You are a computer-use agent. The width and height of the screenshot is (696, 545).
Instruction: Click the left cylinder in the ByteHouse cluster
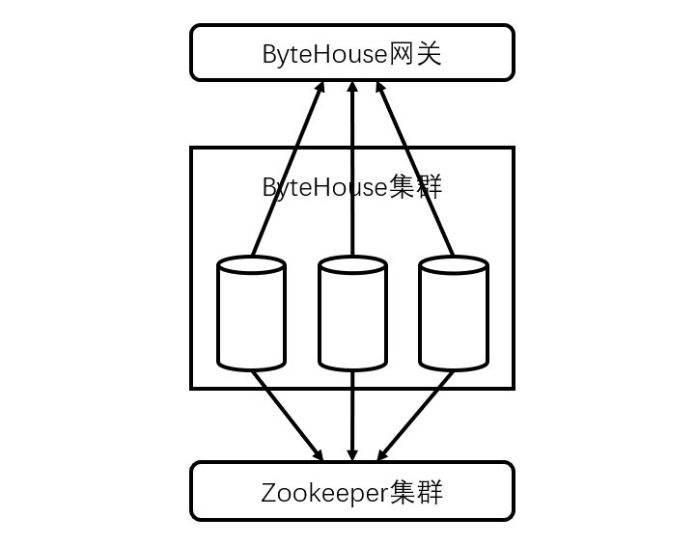(251, 318)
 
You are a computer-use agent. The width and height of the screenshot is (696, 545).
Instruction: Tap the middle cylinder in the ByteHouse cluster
(352, 318)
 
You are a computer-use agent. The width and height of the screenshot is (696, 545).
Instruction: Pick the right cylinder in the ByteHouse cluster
(453, 318)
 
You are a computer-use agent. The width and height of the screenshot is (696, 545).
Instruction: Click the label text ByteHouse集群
(352, 186)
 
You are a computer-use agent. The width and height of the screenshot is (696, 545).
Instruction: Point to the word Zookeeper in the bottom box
(324, 493)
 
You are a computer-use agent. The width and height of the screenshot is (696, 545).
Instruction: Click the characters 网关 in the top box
(416, 54)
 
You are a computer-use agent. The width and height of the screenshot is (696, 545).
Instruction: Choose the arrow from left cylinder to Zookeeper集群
(287, 415)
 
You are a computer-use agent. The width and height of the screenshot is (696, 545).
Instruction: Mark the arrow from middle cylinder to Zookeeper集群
(352, 415)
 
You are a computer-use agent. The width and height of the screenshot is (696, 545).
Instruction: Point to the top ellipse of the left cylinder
(251, 265)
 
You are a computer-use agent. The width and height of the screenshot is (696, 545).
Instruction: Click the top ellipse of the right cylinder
(453, 265)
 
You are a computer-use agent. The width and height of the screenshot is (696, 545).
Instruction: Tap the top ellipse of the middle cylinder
(352, 265)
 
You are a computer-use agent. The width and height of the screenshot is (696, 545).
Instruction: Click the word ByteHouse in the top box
(324, 54)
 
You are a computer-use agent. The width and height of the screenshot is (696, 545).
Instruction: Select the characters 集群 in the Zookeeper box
(416, 493)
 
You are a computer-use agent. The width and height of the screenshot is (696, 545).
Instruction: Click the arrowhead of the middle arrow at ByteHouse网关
(352, 89)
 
